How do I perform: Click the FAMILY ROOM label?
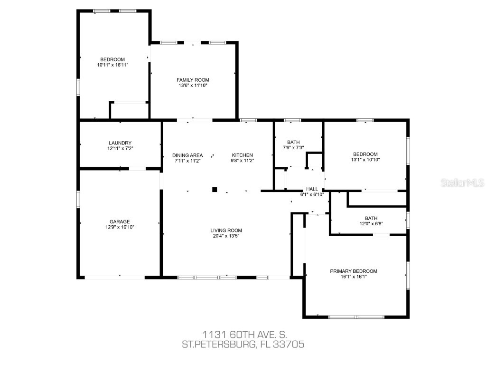193,80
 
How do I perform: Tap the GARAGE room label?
120,221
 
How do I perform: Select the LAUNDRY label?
120,143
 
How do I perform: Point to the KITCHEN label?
242,155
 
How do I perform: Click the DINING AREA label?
187,155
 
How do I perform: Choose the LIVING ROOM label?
226,231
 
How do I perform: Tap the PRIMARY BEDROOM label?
354,271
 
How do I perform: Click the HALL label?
312,189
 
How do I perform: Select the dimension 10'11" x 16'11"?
112,65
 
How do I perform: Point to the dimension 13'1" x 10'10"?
365,160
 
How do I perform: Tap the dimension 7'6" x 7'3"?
293,148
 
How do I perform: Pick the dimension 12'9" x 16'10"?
120,227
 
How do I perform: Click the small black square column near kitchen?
215,189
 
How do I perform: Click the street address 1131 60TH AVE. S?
243,335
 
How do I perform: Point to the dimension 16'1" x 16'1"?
354,277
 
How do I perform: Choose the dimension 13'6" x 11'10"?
193,86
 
